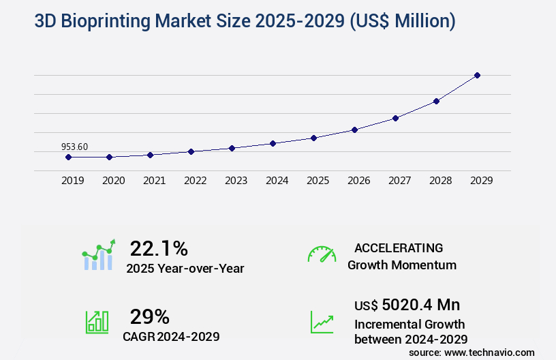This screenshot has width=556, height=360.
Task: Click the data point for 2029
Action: pyautogui.click(x=477, y=75)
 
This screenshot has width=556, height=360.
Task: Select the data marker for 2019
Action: pyautogui.click(x=68, y=157)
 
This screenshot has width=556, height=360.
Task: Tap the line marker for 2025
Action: pyautogui.click(x=313, y=138)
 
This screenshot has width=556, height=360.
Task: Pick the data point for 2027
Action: pyautogui.click(x=395, y=118)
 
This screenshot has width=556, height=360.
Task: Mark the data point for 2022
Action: pyautogui.click(x=191, y=151)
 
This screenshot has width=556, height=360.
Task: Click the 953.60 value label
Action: pyautogui.click(x=74, y=146)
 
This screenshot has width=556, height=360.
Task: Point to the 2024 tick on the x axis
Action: pyautogui.click(x=277, y=181)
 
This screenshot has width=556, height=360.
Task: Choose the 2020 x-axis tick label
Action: pyautogui.click(x=113, y=181)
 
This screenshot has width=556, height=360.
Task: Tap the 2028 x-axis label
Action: pyautogui.click(x=440, y=181)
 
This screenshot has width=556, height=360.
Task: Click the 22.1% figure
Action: pyautogui.click(x=159, y=248)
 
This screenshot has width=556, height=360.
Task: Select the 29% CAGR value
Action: pyautogui.click(x=150, y=316)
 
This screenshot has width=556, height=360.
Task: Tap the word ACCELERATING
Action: pyautogui.click(x=399, y=248)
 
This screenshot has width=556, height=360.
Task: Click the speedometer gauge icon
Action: pyautogui.click(x=322, y=254)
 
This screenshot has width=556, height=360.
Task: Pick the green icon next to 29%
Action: pyautogui.click(x=97, y=322)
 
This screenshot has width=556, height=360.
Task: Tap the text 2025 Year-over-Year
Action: pyautogui.click(x=185, y=269)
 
